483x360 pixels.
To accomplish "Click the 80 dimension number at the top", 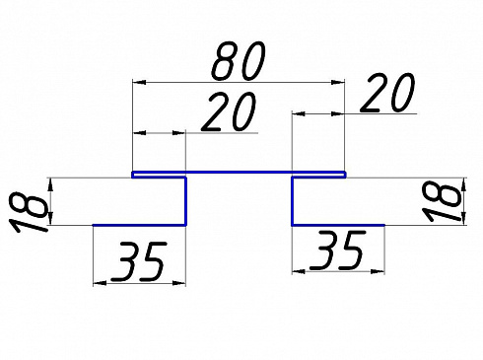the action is [239, 61].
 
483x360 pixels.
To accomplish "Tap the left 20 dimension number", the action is [229, 111].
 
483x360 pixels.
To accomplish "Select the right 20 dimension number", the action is [387, 93].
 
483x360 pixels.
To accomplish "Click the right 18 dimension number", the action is [442, 202].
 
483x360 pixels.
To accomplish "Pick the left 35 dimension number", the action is [139, 262].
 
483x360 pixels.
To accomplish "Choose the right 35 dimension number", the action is [337, 251].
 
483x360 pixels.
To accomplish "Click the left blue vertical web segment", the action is [185, 201].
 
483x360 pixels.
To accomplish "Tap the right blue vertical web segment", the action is [292, 201].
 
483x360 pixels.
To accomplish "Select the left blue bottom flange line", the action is [139, 225].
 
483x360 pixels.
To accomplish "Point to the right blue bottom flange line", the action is [338, 225].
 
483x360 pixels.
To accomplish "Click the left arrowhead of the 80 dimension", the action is [139, 82].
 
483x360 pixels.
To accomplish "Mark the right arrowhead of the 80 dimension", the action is [338, 82].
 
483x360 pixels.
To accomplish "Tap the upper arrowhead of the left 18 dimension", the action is [50, 184].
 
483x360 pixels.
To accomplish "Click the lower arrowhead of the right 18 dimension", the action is [464, 218].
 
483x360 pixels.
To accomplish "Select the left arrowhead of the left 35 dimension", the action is [100, 283].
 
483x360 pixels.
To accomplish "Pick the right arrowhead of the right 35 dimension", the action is [378, 271].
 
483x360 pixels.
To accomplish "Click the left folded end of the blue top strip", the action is [133, 175].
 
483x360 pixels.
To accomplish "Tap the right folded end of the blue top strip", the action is [344, 175].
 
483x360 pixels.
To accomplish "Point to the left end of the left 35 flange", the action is [94, 225].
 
